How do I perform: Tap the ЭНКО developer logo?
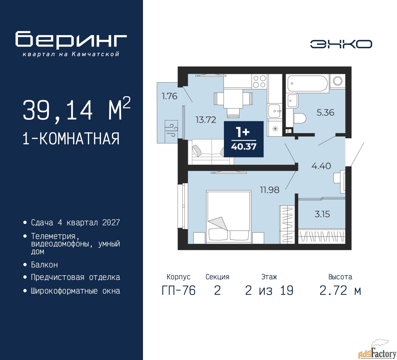[x=341, y=44]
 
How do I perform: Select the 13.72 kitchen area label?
[x=206, y=120]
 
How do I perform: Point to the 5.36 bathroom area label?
[x=325, y=112]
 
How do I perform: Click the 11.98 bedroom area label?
[x=270, y=190]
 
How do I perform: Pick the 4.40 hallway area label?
[x=321, y=166]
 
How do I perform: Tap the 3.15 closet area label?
[x=322, y=214]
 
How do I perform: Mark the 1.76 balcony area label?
[x=169, y=96]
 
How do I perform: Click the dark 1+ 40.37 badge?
[x=243, y=139]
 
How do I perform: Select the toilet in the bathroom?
[x=300, y=118]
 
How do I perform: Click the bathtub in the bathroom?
[x=307, y=83]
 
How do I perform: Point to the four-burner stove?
[x=260, y=81]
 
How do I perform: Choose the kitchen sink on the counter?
[x=274, y=111]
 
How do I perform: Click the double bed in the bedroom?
[x=229, y=217]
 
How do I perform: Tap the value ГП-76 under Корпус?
[x=179, y=290]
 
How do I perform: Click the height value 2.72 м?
[x=340, y=290]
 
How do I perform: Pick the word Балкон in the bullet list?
[x=44, y=265]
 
